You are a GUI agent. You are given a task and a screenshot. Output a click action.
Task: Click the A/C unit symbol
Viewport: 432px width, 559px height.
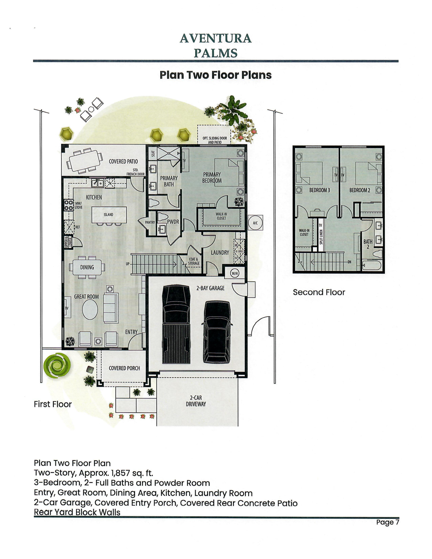pyautogui.click(x=255, y=222)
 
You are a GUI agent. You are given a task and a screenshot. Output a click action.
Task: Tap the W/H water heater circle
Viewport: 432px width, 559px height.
pyautogui.click(x=235, y=273)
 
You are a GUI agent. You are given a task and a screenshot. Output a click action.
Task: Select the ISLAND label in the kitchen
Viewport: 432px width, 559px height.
pyautogui.click(x=108, y=215)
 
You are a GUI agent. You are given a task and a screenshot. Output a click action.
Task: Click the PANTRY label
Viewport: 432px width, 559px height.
pyautogui.click(x=150, y=222)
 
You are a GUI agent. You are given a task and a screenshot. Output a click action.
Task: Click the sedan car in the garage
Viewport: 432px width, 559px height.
pyautogui.click(x=217, y=331)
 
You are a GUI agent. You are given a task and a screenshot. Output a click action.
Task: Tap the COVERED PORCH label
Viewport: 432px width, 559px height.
pyautogui.click(x=124, y=368)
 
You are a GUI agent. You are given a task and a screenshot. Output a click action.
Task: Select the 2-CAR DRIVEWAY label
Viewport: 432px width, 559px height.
pyautogui.click(x=196, y=401)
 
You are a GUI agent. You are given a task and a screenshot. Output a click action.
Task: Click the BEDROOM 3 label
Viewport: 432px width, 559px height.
pyautogui.click(x=320, y=190)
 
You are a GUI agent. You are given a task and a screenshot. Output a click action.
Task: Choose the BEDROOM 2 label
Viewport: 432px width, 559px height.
pyautogui.click(x=360, y=190)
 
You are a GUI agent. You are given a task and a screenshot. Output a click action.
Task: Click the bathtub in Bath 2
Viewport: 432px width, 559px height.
pyautogui.click(x=372, y=265)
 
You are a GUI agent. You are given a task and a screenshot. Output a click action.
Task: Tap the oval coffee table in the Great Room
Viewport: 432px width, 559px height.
pyautogui.click(x=90, y=309)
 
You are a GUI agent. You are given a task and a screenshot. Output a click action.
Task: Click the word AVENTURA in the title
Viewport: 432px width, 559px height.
pyautogui.click(x=216, y=39)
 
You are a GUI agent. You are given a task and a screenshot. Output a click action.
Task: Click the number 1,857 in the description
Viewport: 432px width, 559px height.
pyautogui.click(x=123, y=473)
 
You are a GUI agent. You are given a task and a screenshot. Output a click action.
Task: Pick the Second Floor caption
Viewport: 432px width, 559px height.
pyautogui.click(x=319, y=292)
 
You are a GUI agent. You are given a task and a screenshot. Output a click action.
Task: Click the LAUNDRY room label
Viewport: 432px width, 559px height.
pyautogui.click(x=220, y=252)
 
